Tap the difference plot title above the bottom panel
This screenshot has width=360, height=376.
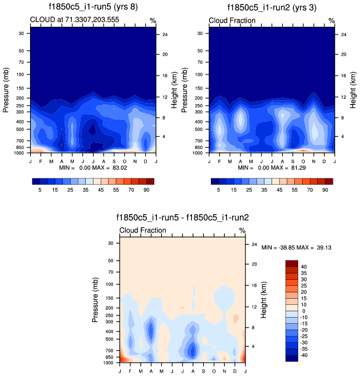[183, 218]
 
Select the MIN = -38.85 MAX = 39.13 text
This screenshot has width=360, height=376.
[296, 247]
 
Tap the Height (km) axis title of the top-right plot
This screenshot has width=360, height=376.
[352, 89]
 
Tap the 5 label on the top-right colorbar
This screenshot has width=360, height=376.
[219, 190]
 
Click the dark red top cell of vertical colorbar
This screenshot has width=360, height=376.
[292, 264]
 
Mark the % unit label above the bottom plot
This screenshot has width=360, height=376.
[242, 230]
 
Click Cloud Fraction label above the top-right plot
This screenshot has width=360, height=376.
[232, 21]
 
